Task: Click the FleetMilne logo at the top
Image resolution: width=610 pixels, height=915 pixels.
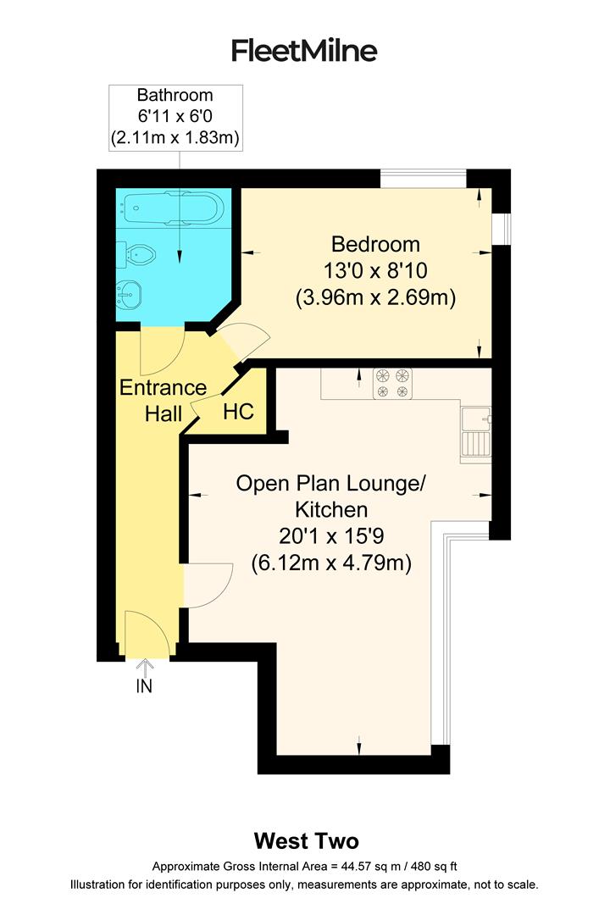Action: pyautogui.click(x=304, y=51)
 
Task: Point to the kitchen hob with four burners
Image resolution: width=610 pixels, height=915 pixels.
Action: pyautogui.click(x=392, y=383)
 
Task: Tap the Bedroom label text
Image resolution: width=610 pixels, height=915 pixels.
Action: pyautogui.click(x=375, y=245)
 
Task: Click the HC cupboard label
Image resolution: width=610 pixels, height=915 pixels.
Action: pyautogui.click(x=238, y=413)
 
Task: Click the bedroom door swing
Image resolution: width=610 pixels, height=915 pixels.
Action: pyautogui.click(x=241, y=339)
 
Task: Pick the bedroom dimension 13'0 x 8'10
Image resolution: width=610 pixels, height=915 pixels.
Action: pyautogui.click(x=375, y=271)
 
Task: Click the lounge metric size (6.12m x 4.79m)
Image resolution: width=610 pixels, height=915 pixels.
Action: pyautogui.click(x=330, y=562)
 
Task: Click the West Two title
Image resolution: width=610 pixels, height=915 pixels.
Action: pyautogui.click(x=307, y=841)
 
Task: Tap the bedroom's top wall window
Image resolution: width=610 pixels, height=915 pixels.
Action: pyautogui.click(x=423, y=178)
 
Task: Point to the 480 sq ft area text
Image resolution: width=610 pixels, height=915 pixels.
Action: pyautogui.click(x=430, y=867)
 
